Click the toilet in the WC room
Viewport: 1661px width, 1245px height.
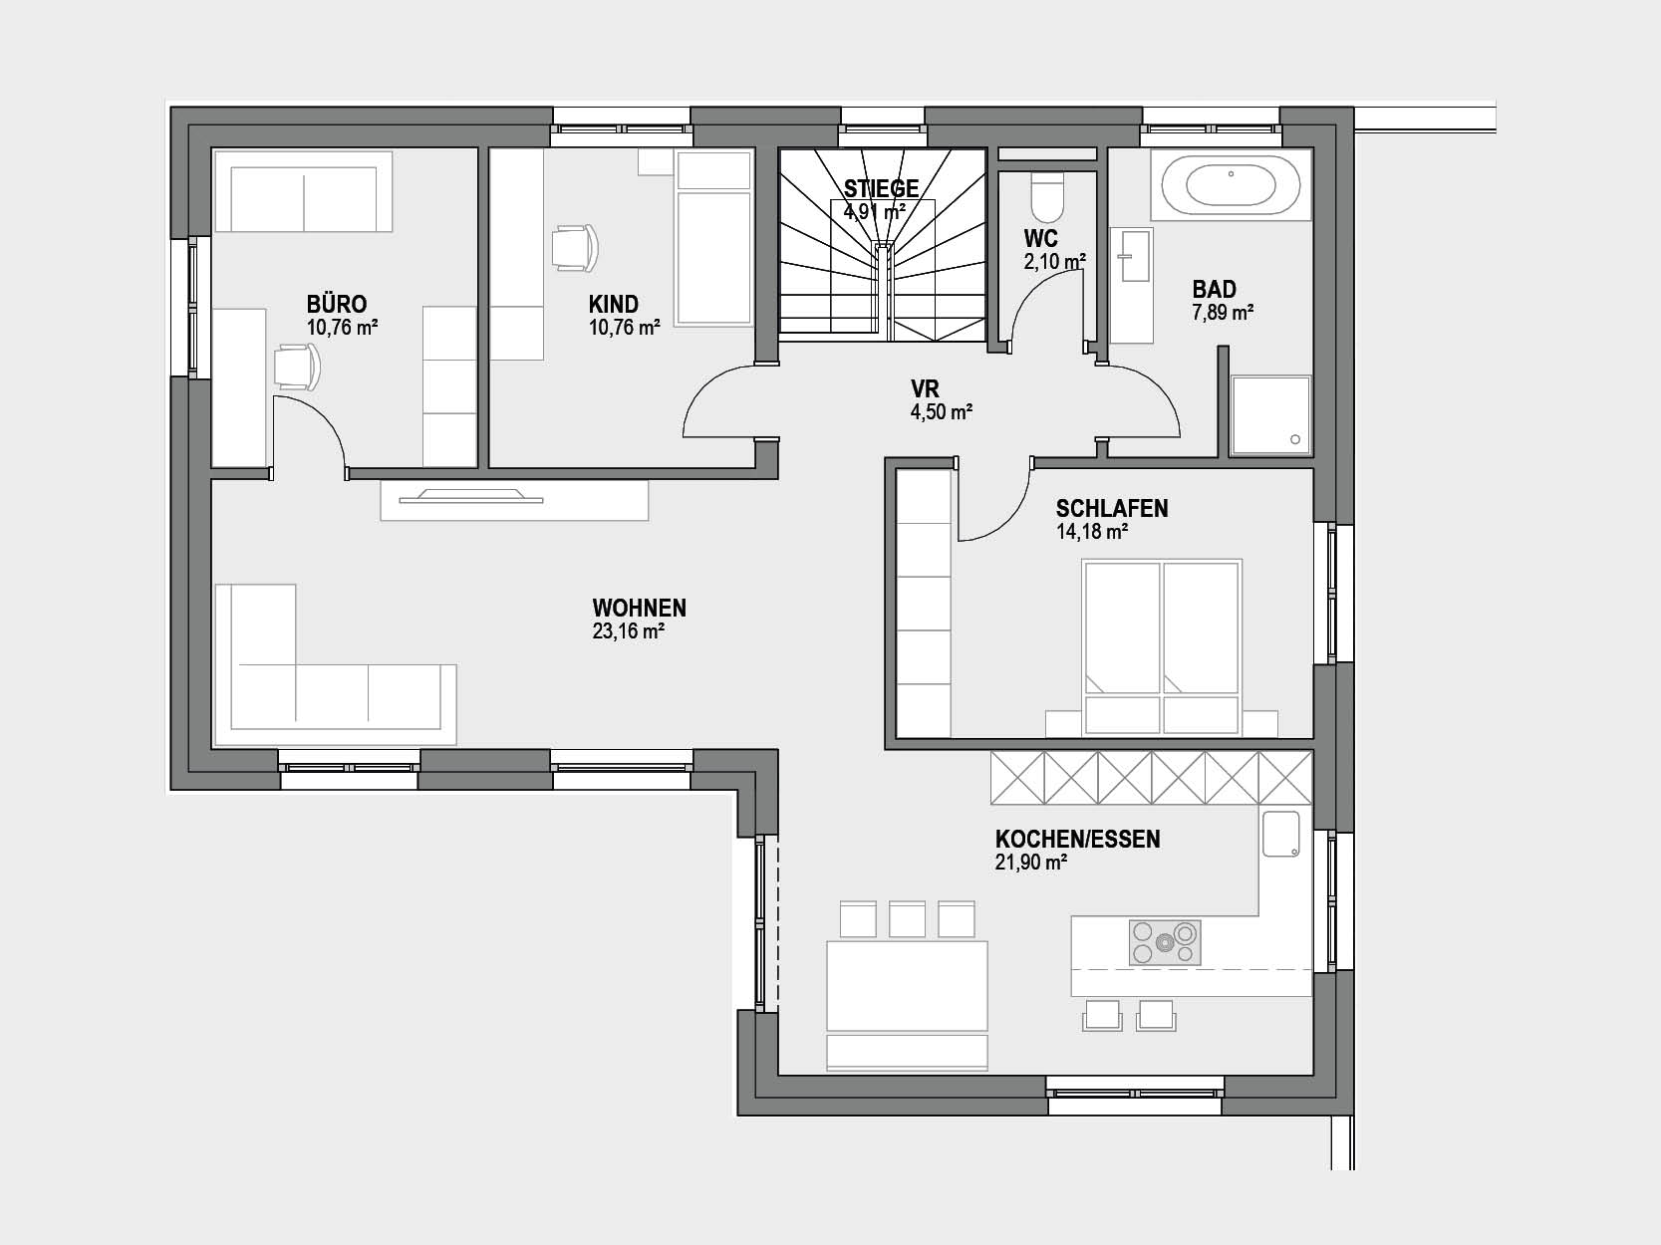(x=1047, y=196)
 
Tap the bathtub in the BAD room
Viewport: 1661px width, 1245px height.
(x=1232, y=185)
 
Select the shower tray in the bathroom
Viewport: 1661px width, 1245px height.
(x=1270, y=415)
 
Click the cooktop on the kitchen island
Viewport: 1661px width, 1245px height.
(x=1165, y=942)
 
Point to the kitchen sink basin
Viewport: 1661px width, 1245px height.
(x=1281, y=835)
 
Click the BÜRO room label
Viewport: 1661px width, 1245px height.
(x=337, y=304)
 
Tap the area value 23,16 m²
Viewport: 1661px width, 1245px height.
(x=629, y=631)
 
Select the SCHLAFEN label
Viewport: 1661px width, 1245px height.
(x=1112, y=508)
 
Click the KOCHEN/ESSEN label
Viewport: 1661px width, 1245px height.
(x=1077, y=839)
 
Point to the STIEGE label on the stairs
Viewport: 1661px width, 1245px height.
(x=882, y=187)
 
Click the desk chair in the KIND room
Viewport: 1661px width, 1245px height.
(x=575, y=247)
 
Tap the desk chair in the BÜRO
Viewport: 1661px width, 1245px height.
(x=297, y=367)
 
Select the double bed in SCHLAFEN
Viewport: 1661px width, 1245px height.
(x=1162, y=647)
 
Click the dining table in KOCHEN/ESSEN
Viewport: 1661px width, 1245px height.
(x=908, y=986)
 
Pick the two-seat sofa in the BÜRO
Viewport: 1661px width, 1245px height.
(x=304, y=191)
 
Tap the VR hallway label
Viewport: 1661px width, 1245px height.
(x=925, y=388)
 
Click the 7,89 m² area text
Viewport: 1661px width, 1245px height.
(x=1223, y=313)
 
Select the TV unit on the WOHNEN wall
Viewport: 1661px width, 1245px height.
(x=514, y=501)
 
